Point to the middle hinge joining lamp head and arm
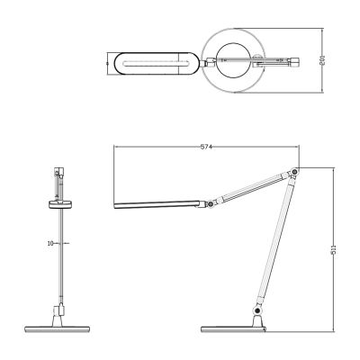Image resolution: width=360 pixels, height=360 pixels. [209, 205]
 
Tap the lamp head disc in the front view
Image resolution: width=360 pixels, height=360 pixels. [61, 204]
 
